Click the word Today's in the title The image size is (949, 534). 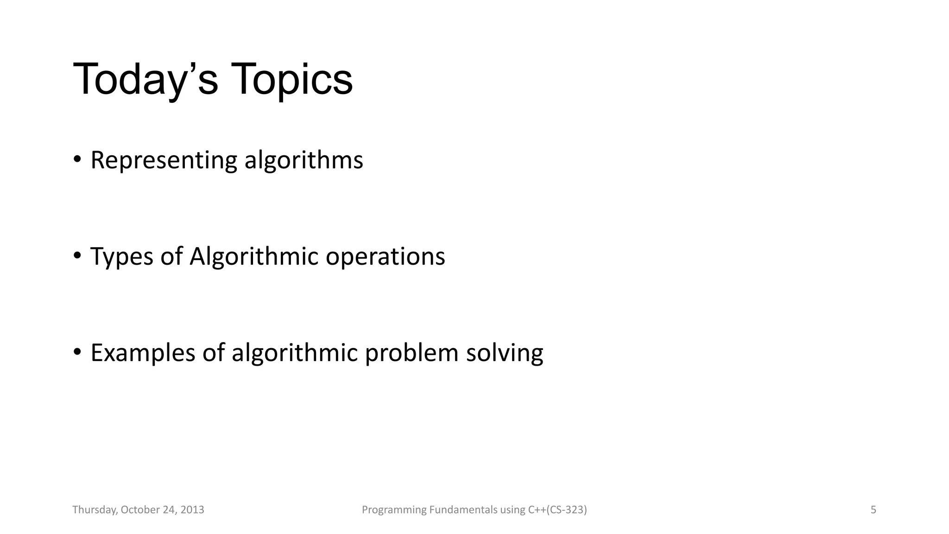145,79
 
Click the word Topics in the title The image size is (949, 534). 291,79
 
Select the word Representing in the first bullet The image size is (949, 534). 164,160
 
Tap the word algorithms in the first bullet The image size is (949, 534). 304,160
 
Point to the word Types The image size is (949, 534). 121,257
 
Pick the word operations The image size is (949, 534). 385,257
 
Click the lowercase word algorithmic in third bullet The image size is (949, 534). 294,353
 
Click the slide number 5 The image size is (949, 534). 873,510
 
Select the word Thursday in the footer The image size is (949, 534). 94,510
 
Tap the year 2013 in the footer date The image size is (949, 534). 192,510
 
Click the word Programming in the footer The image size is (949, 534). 393,510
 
